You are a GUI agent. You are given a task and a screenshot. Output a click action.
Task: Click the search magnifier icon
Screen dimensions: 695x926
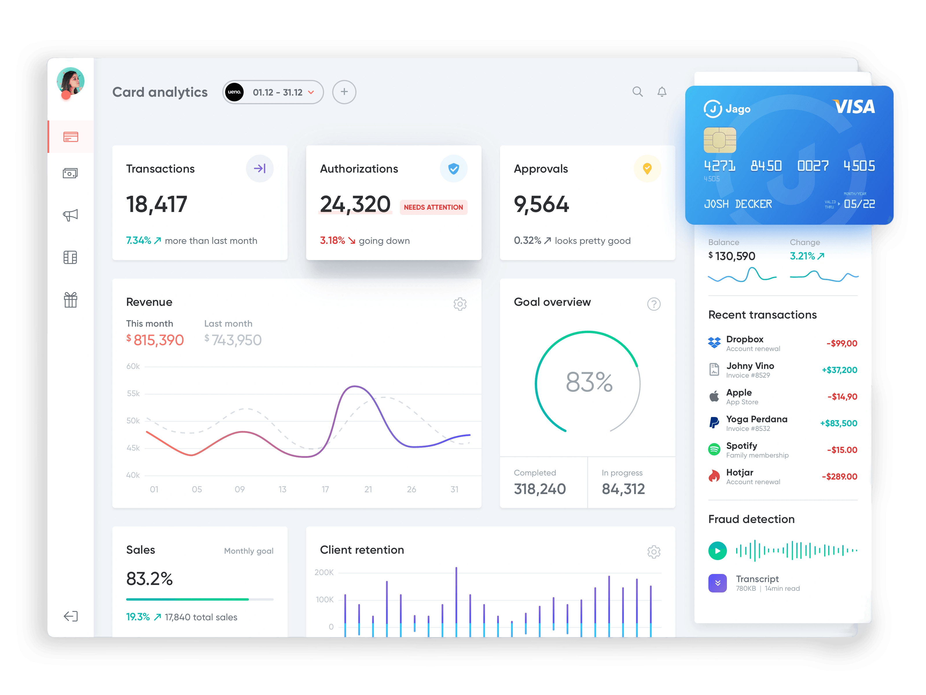(637, 92)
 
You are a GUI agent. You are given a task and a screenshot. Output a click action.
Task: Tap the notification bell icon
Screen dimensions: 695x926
(662, 92)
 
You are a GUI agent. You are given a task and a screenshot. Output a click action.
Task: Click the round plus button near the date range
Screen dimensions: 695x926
(344, 92)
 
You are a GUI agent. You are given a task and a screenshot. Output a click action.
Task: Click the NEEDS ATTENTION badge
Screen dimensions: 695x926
(433, 207)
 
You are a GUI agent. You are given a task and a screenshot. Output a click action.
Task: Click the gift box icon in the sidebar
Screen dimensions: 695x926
(70, 300)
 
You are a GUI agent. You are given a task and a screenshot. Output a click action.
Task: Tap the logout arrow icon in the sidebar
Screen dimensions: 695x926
(70, 616)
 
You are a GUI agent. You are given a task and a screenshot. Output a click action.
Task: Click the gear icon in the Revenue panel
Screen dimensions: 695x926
(460, 304)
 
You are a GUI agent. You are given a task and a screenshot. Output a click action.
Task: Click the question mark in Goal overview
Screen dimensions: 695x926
(653, 304)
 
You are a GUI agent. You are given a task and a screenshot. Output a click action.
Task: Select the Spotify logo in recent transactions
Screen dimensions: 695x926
(714, 449)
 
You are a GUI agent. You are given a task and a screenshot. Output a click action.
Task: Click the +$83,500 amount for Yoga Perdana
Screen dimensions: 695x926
(839, 423)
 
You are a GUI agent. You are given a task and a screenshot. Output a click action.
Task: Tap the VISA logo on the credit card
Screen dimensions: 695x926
(854, 107)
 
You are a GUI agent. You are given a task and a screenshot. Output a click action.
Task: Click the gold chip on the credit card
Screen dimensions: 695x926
(720, 140)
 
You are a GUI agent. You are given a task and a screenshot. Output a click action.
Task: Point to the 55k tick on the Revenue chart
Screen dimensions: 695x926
(133, 393)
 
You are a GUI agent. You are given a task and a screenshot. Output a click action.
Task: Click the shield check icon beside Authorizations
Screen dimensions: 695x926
(453, 169)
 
